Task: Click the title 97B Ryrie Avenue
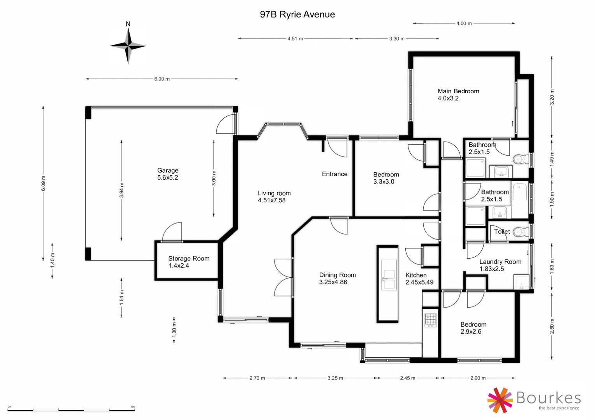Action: click(297, 14)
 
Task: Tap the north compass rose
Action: click(128, 46)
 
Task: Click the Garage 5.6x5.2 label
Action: click(168, 174)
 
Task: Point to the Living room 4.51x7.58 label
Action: click(274, 196)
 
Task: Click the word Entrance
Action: click(334, 174)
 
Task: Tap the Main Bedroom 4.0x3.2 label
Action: click(458, 94)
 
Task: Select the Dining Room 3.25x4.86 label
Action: click(337, 278)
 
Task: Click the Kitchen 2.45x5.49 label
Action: click(419, 278)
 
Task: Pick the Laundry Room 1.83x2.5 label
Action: click(500, 265)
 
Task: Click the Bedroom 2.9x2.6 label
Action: click(473, 328)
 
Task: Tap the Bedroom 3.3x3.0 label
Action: click(386, 178)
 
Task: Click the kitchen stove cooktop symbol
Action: click(430, 320)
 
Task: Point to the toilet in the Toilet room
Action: click(520, 232)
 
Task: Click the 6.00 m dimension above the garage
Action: click(162, 79)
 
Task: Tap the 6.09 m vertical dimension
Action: click(44, 183)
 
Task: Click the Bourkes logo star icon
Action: click(500, 400)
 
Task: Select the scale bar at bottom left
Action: click(71, 409)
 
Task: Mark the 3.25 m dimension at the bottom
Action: click(335, 378)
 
